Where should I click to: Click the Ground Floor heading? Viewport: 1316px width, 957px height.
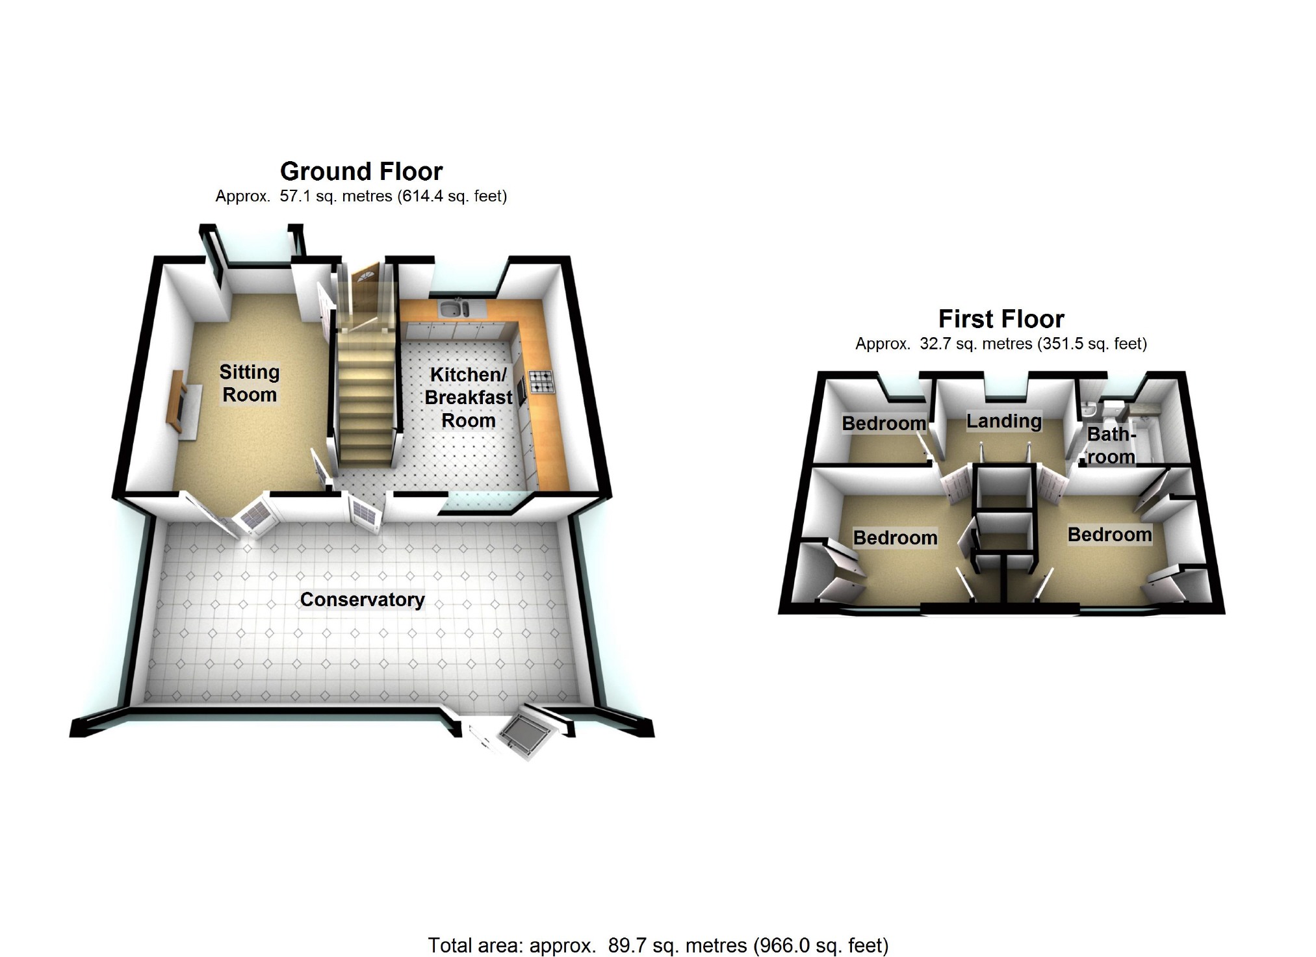(x=361, y=172)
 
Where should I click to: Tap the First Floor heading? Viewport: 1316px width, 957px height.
(x=1001, y=319)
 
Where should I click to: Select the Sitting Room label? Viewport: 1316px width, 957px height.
(x=249, y=383)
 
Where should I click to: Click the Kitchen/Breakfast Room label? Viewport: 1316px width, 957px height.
(x=468, y=398)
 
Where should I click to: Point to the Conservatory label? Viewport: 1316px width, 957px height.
(x=362, y=599)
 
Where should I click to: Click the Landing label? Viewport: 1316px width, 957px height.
(x=1003, y=421)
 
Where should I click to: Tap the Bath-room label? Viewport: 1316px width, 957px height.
(x=1111, y=445)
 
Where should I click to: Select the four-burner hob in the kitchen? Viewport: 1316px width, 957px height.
(x=541, y=381)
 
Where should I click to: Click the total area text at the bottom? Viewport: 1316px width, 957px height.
(x=658, y=945)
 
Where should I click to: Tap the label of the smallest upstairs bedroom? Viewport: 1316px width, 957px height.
(x=884, y=424)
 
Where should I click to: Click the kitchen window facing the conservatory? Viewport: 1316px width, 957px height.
(x=480, y=500)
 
